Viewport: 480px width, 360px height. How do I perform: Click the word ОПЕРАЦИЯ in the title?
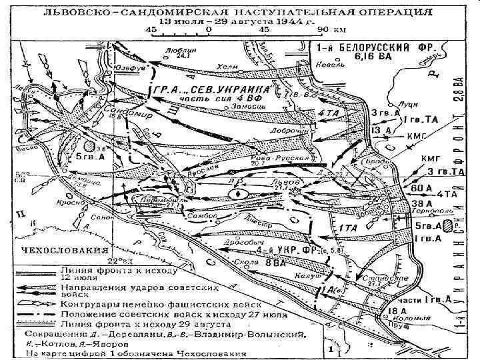pyautogui.click(x=389, y=11)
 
